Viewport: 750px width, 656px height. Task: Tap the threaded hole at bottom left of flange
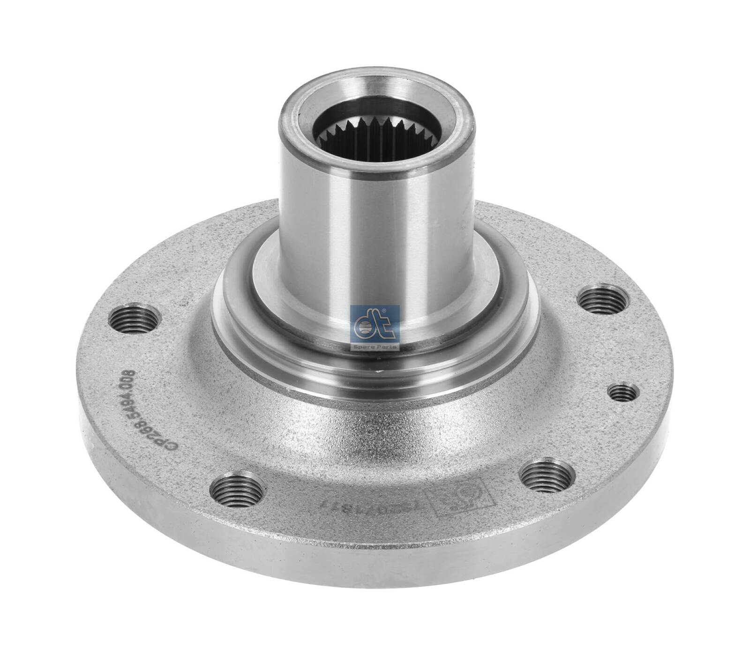click(236, 489)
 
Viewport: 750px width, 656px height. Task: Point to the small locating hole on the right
click(623, 392)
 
